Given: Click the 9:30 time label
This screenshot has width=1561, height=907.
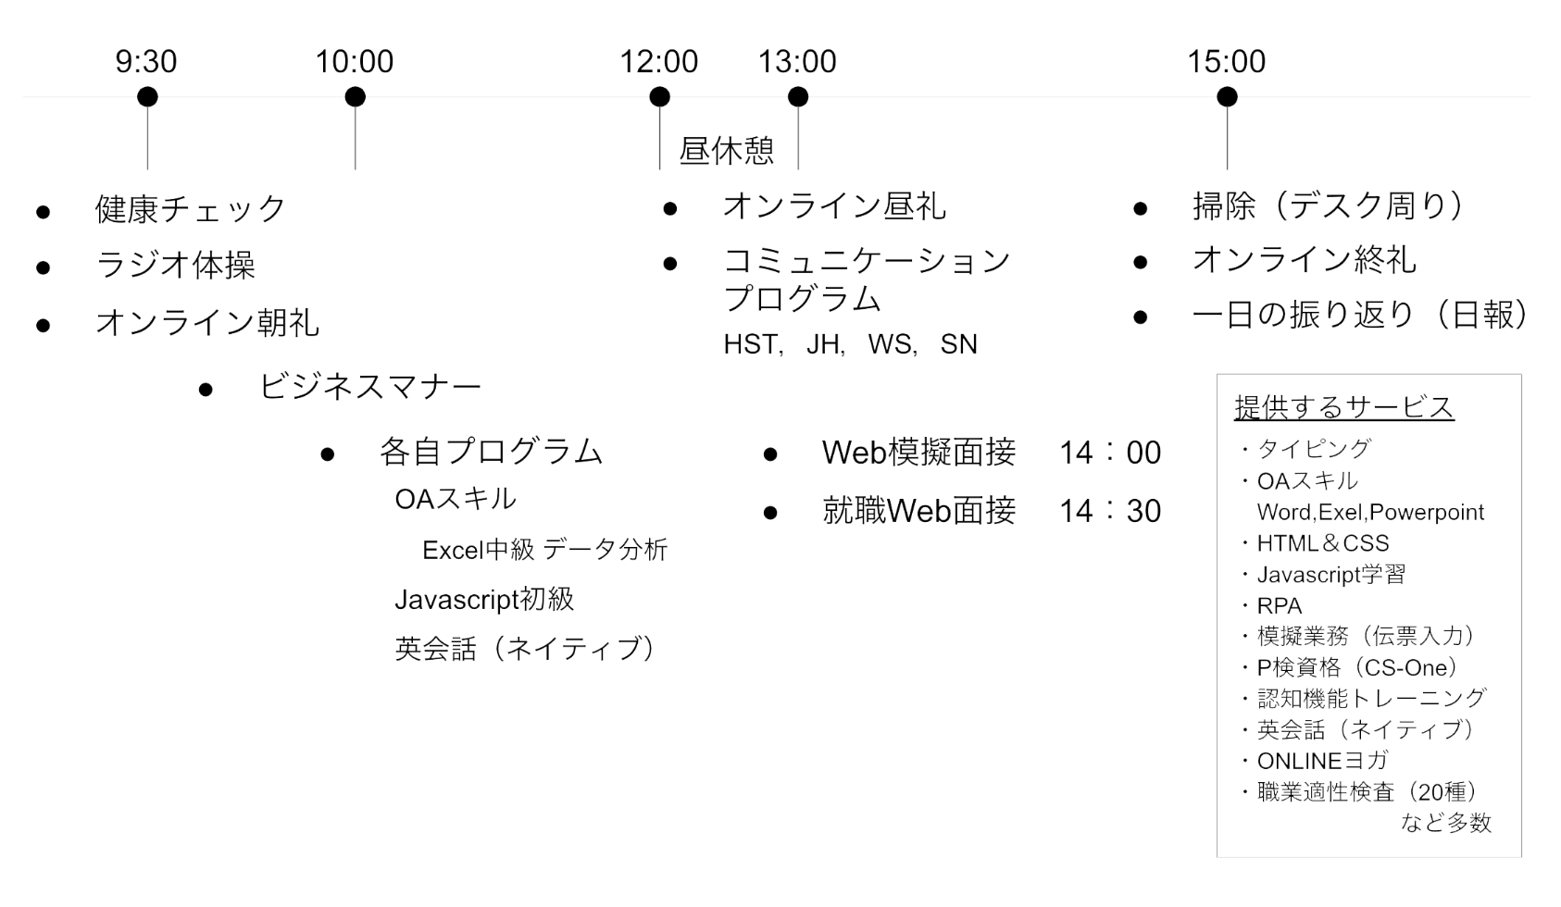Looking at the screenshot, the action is click(x=146, y=61).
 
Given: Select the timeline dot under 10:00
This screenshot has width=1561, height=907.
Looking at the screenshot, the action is click(x=356, y=97).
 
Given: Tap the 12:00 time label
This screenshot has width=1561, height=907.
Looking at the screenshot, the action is click(x=659, y=61).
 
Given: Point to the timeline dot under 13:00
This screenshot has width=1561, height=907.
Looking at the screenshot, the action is click(x=798, y=97).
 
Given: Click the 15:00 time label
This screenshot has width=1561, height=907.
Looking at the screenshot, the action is click(x=1227, y=61).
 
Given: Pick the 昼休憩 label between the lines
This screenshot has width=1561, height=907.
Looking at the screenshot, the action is click(x=727, y=151).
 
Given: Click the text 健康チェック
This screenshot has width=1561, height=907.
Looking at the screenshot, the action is click(x=190, y=209).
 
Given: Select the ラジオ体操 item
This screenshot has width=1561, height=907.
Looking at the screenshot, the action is click(x=176, y=266).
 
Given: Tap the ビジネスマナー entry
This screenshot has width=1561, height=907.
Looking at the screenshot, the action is click(x=370, y=387).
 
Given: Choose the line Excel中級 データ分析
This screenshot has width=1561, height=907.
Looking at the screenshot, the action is click(x=545, y=550).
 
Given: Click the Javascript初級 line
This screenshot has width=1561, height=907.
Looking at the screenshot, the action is click(x=484, y=599).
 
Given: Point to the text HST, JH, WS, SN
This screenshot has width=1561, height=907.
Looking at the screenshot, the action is click(x=850, y=344).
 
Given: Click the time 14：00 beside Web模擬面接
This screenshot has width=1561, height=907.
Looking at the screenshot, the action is click(x=1110, y=453).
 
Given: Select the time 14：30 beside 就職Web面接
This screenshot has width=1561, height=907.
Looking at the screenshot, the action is click(x=1110, y=511).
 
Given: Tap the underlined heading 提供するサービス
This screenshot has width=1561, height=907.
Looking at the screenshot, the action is click(x=1344, y=407).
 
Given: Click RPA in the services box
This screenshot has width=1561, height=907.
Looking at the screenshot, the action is click(x=1280, y=605).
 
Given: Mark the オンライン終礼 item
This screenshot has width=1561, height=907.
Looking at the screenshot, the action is click(x=1305, y=261).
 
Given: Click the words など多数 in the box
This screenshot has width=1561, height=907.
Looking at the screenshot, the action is click(x=1446, y=823).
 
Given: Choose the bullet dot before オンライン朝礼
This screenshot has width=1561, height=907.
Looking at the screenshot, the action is click(x=44, y=325).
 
